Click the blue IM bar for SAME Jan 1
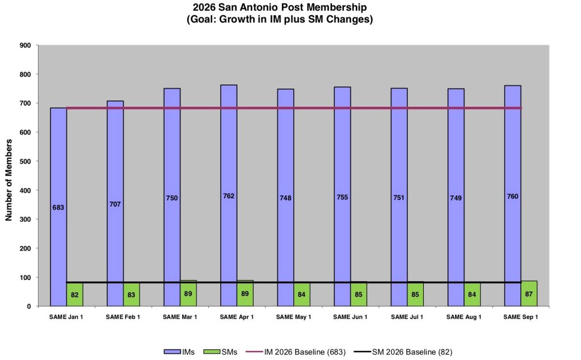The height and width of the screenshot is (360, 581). [x=58, y=207]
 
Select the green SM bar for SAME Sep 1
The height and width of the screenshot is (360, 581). [x=529, y=294]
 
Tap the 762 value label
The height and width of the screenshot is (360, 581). [x=229, y=196]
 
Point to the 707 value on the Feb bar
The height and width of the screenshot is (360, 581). [x=115, y=204]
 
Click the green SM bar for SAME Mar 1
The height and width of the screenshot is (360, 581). [x=188, y=293]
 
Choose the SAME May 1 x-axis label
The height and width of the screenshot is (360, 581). [x=293, y=317]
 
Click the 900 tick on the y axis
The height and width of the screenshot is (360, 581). [x=25, y=45]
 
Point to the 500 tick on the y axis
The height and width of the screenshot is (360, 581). [x=25, y=161]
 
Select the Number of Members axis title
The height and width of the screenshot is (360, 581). [x=9, y=180]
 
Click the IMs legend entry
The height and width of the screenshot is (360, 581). [x=179, y=352]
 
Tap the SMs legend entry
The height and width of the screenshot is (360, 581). [x=221, y=352]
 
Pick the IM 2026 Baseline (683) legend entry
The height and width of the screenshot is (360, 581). [x=296, y=352]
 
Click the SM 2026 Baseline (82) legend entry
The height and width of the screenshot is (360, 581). [x=403, y=352]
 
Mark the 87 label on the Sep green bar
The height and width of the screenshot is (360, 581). [x=529, y=294]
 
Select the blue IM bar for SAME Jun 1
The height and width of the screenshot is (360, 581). [x=342, y=196]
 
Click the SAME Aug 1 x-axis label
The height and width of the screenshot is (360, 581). [x=464, y=317]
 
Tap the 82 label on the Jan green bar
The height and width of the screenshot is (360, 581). [x=75, y=295]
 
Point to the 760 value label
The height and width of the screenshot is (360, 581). [x=512, y=196]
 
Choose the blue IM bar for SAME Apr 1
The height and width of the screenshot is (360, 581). [x=229, y=195]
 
